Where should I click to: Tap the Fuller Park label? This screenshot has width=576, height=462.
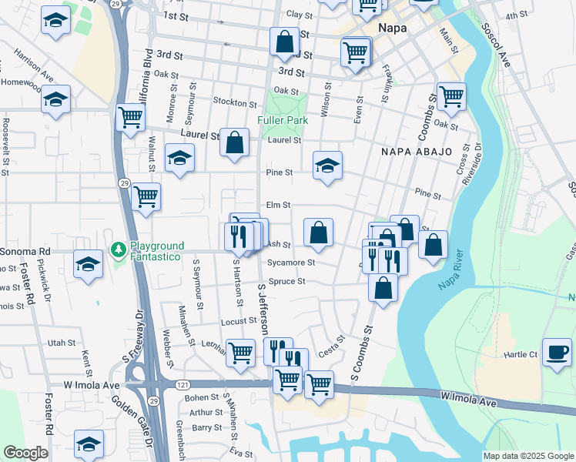(283, 121)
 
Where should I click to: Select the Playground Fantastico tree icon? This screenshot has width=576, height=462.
(118, 249)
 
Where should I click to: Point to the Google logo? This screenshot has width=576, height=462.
(25, 453)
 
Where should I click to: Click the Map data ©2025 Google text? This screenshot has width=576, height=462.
(528, 456)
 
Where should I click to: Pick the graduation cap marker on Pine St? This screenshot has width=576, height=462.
(327, 165)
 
